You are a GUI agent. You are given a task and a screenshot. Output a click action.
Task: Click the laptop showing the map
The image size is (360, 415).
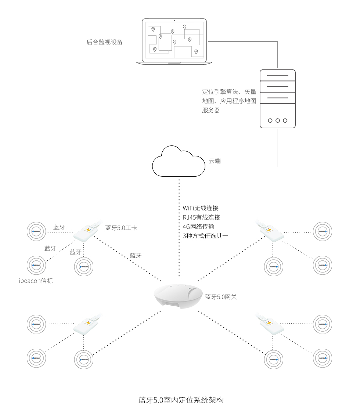coord(174,41)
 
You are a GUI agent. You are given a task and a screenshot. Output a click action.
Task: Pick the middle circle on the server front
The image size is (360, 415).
coord(277,120)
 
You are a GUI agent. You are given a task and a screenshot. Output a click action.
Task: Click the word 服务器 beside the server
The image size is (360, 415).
coord(211,110)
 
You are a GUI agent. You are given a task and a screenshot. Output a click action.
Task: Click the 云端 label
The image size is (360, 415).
coord(215,161)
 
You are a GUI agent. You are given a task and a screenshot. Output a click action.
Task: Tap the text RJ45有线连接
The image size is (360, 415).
coord(201,217)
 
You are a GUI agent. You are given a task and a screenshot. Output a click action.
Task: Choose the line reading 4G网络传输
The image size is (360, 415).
coord(201,227)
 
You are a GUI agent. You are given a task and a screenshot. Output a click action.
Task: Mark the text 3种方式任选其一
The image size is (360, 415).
coord(205,236)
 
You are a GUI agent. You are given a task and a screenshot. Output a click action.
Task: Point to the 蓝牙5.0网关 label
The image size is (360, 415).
coord(221,297)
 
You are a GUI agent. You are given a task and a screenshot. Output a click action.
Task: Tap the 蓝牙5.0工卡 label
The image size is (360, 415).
coord(121,228)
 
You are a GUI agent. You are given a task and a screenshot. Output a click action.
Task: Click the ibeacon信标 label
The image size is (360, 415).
coord(36,281)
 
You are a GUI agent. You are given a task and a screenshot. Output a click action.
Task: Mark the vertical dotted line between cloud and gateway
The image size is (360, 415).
coord(179,228)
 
